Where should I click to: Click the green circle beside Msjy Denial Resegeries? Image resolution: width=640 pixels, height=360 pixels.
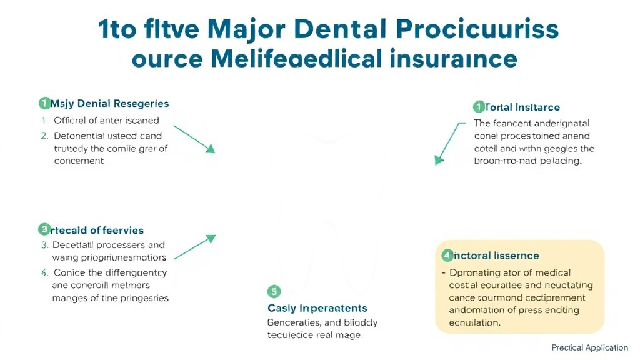(x=44, y=103)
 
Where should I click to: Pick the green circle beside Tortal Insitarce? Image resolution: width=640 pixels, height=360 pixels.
(x=479, y=107)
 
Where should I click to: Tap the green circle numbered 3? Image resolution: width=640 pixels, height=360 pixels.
(x=44, y=229)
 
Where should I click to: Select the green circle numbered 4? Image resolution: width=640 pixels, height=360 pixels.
(x=446, y=255)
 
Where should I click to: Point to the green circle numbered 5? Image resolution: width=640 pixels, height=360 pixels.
(x=274, y=291)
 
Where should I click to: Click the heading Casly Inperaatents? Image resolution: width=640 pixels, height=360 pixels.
(x=317, y=308)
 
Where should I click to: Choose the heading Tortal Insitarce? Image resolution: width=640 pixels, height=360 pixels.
(x=522, y=107)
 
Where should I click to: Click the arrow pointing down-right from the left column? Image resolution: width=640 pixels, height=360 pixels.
(x=194, y=138)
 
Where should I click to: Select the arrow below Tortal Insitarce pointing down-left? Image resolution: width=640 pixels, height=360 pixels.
(x=450, y=142)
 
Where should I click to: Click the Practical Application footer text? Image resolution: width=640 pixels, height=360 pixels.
(x=589, y=347)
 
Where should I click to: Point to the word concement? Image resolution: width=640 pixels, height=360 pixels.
(x=79, y=161)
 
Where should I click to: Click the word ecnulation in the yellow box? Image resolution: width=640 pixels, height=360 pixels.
(x=474, y=322)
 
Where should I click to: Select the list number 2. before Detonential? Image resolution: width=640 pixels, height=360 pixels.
(x=44, y=136)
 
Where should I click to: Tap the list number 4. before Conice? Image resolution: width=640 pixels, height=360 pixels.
(x=44, y=272)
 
